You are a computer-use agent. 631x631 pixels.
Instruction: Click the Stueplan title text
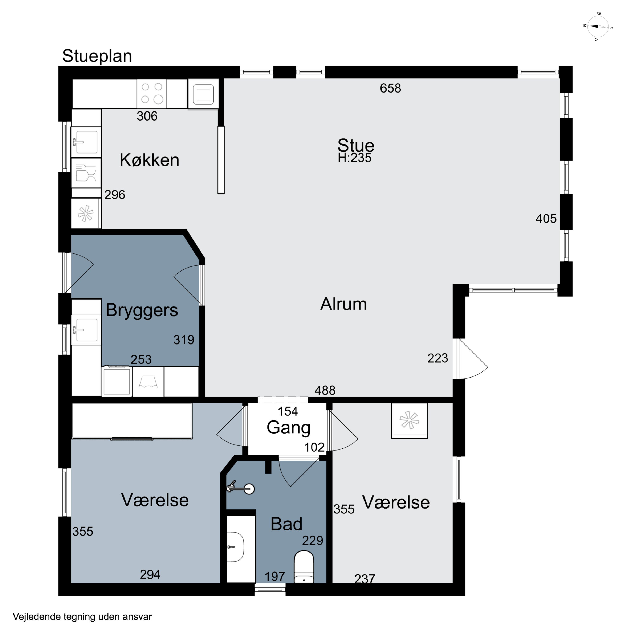(97, 56)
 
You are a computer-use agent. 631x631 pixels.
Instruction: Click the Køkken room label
(150, 160)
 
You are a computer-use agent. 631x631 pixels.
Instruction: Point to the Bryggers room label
(142, 310)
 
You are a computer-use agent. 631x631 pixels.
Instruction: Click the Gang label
(288, 428)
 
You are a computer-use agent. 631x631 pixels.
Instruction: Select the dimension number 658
(390, 88)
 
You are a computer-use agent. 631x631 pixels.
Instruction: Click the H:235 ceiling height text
(355, 158)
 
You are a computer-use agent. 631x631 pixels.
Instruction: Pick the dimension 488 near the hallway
(325, 390)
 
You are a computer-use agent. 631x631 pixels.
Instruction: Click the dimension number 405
(546, 219)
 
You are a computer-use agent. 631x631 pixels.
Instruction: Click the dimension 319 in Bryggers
(184, 340)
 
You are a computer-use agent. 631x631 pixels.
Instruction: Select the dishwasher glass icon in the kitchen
(86, 173)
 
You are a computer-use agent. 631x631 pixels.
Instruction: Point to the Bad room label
(286, 524)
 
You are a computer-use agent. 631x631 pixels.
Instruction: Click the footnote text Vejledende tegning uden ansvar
(82, 617)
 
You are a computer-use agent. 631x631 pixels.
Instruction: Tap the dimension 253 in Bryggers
(141, 360)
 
